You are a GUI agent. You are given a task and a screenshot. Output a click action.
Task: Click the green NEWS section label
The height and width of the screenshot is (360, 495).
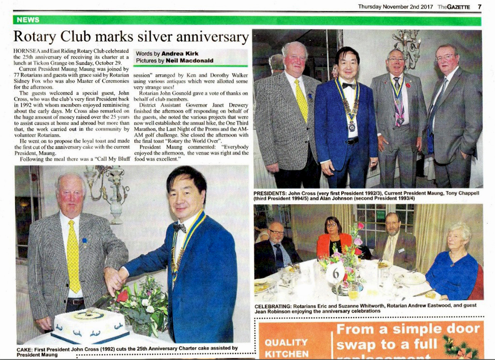[28, 20]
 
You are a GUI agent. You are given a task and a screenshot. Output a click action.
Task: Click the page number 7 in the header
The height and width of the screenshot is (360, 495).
[479, 6]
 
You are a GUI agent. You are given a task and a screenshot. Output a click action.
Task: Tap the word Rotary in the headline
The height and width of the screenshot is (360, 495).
[38, 37]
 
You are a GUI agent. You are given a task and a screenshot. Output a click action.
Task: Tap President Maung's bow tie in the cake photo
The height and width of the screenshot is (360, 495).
[179, 228]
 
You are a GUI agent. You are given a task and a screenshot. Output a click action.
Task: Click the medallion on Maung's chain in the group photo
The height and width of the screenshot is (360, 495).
[351, 127]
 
